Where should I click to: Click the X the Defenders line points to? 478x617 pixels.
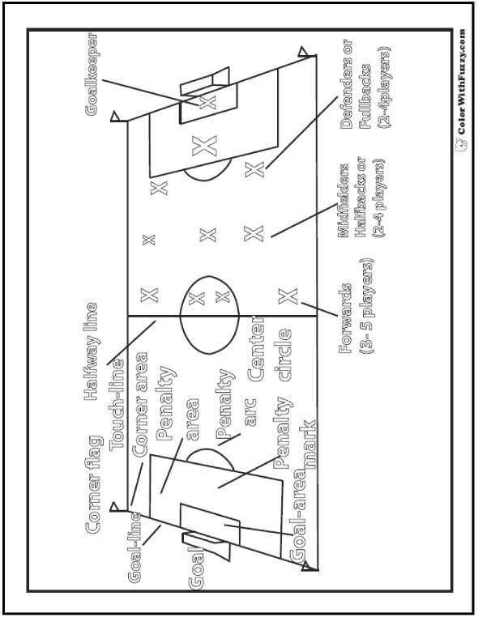[254, 168]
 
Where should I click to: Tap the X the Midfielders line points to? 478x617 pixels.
[254, 233]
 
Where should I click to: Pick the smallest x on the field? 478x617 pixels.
[148, 239]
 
